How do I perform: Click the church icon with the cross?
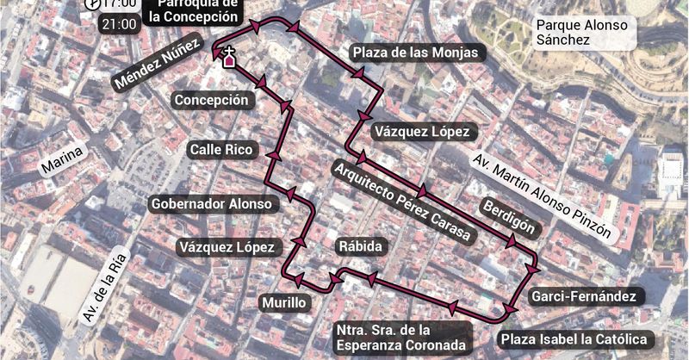coord(229,59)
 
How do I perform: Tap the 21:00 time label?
coord(119,24)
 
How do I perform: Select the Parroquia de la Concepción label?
coord(193,11)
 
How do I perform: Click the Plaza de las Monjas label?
coord(415,53)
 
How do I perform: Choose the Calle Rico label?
coord(222,150)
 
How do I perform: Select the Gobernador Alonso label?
coord(213,204)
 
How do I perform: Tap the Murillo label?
coord(284,302)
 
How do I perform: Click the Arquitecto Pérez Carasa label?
coord(401,201)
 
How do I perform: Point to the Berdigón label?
coord(512,218)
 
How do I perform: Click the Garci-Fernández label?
coord(583,296)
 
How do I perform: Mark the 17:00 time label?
coord(119,3)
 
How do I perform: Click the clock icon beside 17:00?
coord(90,4)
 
